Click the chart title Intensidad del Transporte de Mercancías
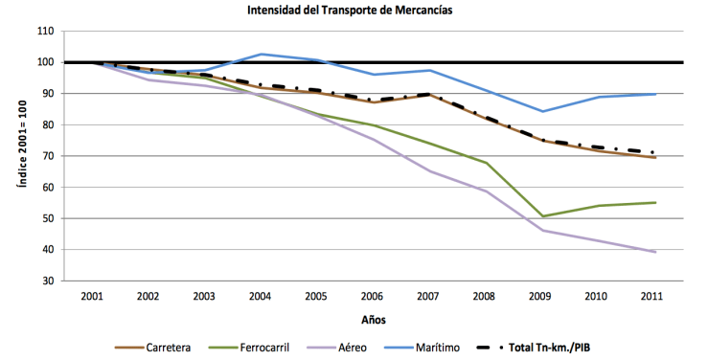tap(354, 11)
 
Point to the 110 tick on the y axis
tap(43, 32)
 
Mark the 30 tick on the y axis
tap(45, 281)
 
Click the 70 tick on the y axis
tap(45, 156)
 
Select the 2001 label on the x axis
tap(92, 296)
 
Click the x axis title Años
tap(374, 319)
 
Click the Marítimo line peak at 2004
tap(261, 55)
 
